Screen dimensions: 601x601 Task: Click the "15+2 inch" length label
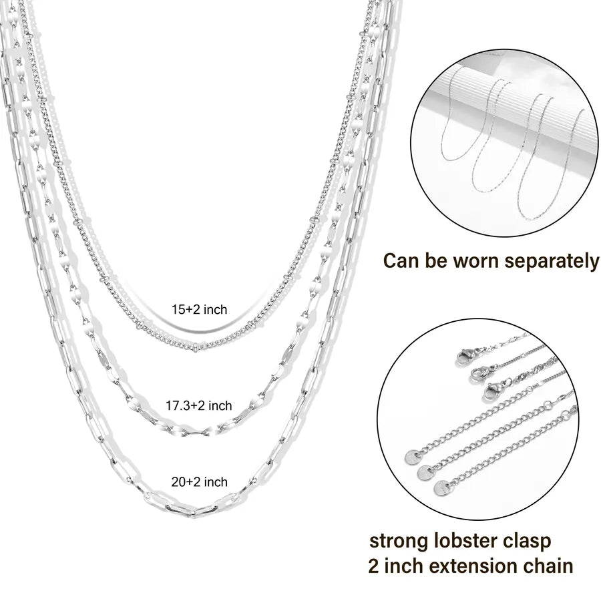coord(200,309)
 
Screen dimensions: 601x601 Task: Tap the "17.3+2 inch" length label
coord(199,405)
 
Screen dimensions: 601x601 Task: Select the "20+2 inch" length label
coord(198,481)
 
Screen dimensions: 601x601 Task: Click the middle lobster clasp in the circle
coord(479,369)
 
